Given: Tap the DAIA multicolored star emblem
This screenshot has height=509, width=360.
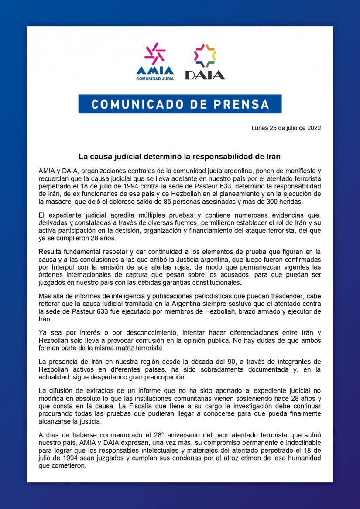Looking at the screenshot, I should pyautogui.click(x=205, y=55).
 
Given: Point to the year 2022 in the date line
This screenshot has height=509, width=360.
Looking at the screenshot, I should pyautogui.click(x=314, y=128).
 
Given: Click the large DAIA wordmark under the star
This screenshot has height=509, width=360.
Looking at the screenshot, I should pyautogui.click(x=205, y=75).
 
